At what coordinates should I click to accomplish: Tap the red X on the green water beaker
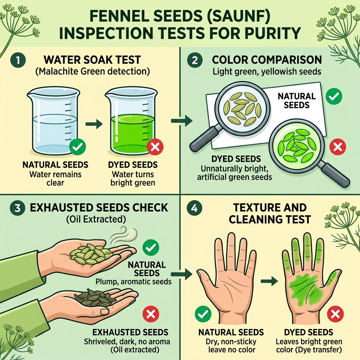click(x=155, y=148)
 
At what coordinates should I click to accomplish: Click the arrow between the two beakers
click(x=94, y=123)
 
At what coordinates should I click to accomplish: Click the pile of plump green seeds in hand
click(x=90, y=253)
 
